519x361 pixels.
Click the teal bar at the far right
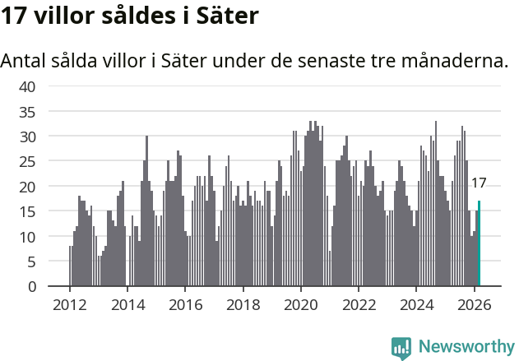(479, 244)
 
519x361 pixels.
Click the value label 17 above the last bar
(479, 183)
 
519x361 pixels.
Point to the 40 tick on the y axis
(27, 86)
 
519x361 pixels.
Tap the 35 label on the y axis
(27, 111)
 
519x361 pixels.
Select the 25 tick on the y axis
(27, 161)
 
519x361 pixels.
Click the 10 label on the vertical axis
(27, 237)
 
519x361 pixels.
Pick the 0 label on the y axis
(31, 287)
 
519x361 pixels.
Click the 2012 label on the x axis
(70, 303)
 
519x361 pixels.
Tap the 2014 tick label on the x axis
(127, 303)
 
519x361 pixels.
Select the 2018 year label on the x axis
(243, 303)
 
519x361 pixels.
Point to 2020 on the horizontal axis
(301, 303)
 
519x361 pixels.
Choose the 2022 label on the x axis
(359, 303)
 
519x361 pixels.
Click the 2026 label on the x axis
(475, 303)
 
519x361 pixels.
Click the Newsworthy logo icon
(401, 348)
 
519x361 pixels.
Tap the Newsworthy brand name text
(466, 347)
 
